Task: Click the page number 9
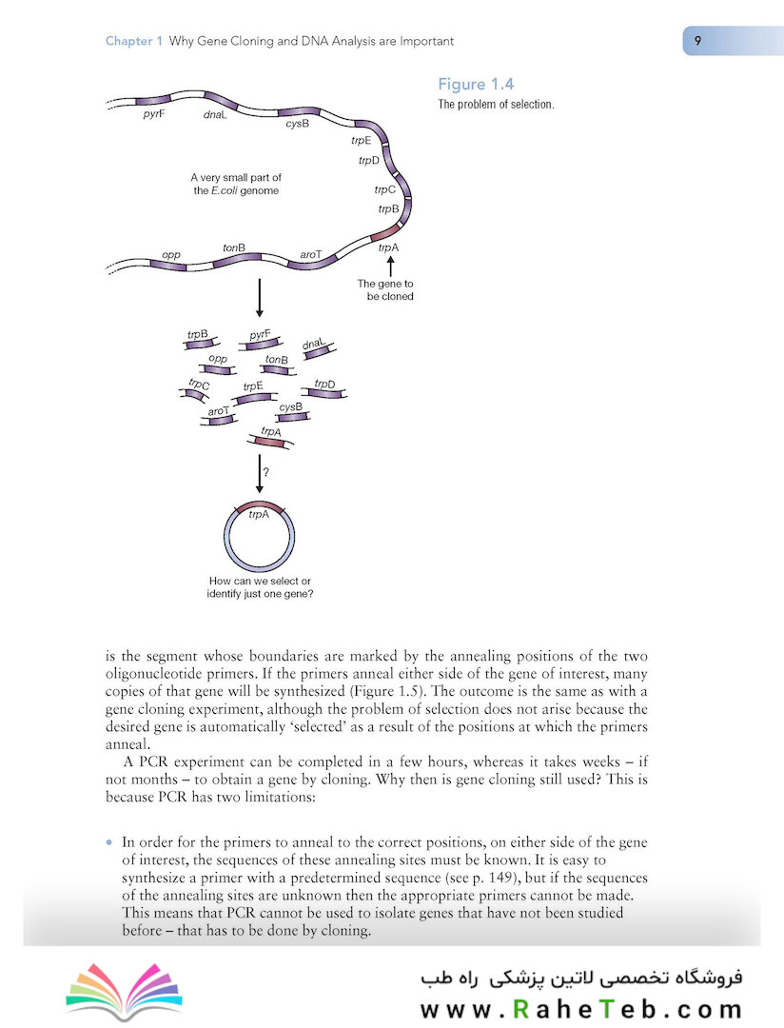[698, 41]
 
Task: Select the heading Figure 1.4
[476, 85]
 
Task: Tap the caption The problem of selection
[496, 105]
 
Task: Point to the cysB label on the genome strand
[298, 125]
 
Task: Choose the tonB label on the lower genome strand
[234, 248]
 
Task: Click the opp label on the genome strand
[171, 255]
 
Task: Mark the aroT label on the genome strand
[311, 255]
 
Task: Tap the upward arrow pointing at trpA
[387, 266]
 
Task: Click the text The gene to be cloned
[384, 289]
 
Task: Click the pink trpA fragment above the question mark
[270, 438]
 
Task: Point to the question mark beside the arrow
[265, 471]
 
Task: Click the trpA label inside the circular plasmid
[259, 514]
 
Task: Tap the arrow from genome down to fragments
[259, 300]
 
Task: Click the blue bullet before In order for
[109, 841]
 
